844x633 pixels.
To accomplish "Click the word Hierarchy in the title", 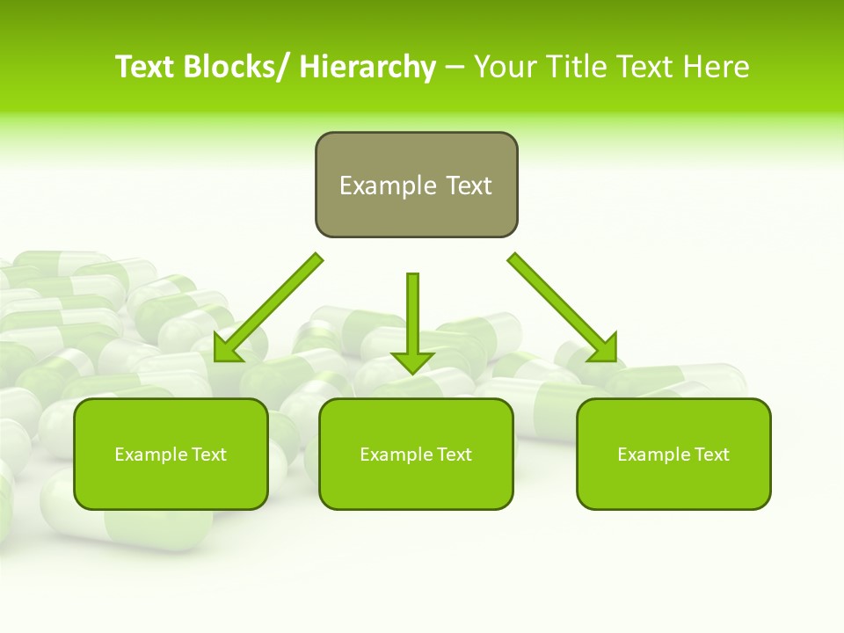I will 367,67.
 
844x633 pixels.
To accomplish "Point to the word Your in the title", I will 504,67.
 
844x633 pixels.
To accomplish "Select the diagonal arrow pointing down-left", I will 268,309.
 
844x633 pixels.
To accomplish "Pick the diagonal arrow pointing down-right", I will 563,308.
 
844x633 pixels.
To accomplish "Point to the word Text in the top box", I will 468,186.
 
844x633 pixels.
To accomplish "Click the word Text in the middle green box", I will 453,455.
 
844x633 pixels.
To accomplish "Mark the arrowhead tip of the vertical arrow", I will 412,373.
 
